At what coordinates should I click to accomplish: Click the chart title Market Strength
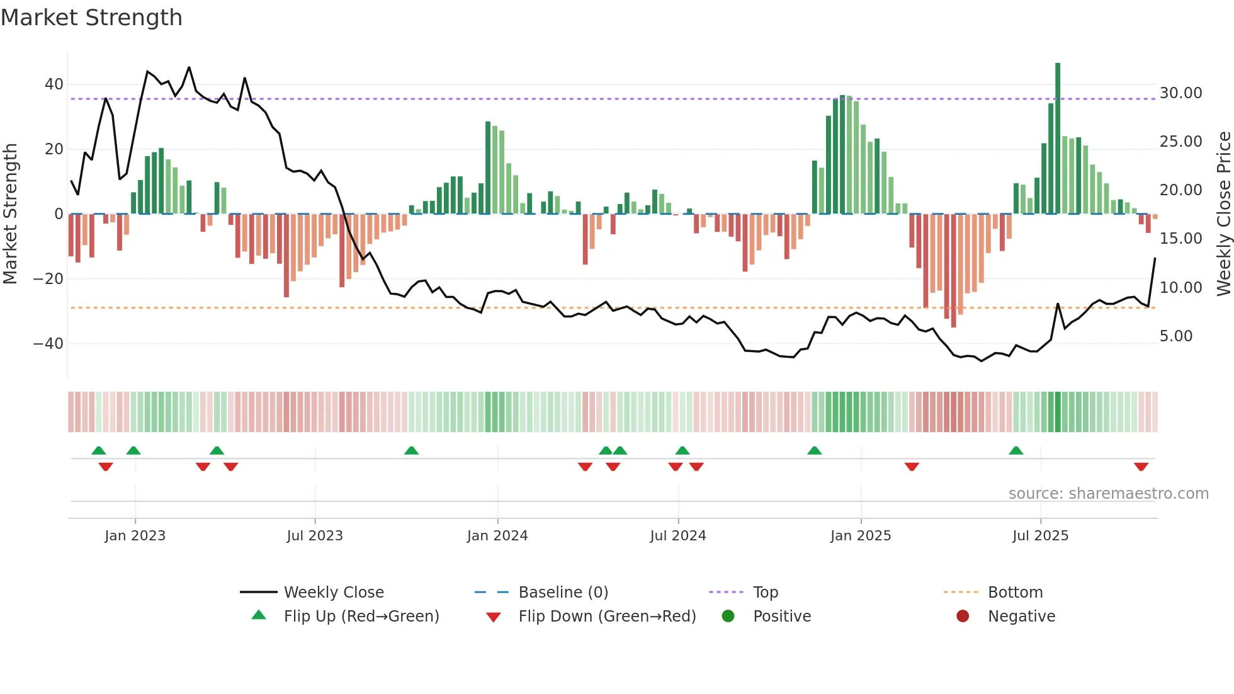click(91, 18)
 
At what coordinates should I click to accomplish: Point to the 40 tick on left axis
click(54, 84)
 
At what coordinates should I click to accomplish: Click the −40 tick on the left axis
click(48, 344)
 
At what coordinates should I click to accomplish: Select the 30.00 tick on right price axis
click(1180, 93)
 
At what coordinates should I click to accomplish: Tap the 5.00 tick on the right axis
click(1176, 336)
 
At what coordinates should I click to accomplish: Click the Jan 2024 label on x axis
click(497, 536)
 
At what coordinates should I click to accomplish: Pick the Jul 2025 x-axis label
click(1040, 536)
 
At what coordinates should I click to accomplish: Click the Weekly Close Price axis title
click(1223, 214)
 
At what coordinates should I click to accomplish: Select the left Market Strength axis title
click(10, 214)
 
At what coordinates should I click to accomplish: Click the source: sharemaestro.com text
click(1108, 494)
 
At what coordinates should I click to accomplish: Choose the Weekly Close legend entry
click(333, 593)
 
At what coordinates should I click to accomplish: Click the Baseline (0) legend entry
click(563, 593)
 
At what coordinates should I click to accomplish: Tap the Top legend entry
click(765, 593)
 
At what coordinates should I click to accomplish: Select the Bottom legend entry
click(1015, 593)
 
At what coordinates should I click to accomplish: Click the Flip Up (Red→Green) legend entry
click(361, 617)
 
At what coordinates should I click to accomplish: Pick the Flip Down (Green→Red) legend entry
click(607, 617)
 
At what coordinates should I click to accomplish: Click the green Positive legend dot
click(728, 617)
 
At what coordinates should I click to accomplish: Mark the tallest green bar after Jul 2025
click(1058, 139)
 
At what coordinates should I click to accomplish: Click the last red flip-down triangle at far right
click(1141, 467)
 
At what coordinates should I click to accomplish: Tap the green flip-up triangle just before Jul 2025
click(1016, 450)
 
